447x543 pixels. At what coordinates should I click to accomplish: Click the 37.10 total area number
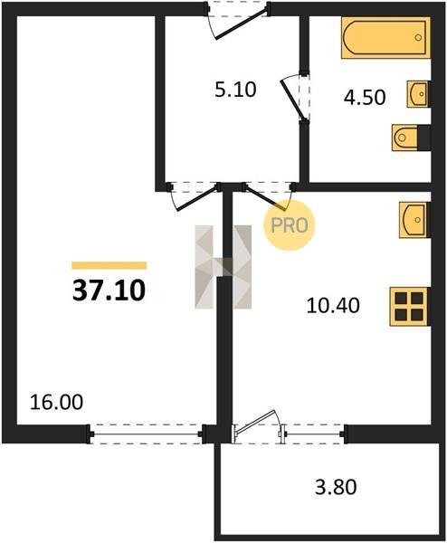[109, 291]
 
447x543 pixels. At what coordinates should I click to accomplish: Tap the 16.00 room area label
[56, 403]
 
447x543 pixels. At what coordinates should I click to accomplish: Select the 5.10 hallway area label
[235, 90]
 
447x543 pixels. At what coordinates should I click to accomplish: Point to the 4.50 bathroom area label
[365, 98]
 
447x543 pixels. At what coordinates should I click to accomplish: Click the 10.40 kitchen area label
[333, 306]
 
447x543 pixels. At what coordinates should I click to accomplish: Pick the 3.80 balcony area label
[336, 487]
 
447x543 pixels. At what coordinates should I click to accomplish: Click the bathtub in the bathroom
[385, 37]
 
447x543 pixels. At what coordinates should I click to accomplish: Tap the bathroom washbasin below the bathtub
[418, 94]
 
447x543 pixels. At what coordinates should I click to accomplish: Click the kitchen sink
[414, 220]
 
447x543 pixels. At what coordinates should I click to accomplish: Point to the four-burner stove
[410, 307]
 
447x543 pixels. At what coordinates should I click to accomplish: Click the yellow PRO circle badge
[290, 225]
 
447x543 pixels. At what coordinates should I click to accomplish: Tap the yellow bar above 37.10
[109, 265]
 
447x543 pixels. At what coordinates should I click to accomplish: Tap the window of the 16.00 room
[146, 433]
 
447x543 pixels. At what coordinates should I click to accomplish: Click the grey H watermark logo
[223, 267]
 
